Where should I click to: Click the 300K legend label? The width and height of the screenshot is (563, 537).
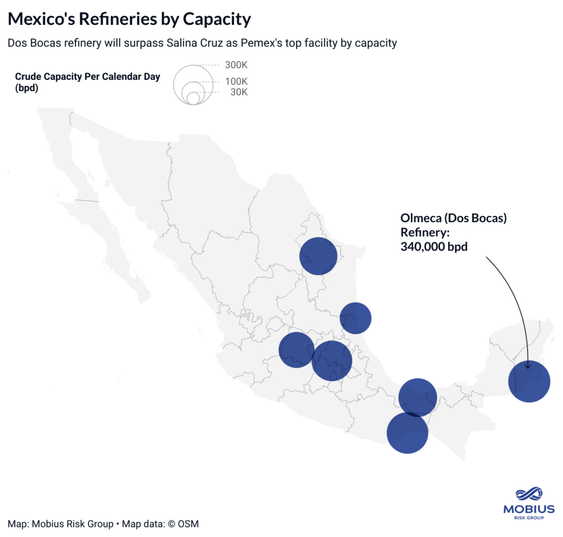[x=236, y=65]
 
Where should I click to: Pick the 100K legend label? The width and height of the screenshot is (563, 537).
[x=236, y=81]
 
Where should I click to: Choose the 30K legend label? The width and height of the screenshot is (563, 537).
[x=239, y=92]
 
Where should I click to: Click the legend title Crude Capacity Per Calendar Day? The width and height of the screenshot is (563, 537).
[x=87, y=76]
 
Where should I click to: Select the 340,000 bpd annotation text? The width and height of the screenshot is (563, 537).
[x=434, y=246]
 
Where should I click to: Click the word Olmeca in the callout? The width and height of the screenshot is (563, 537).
[x=421, y=218]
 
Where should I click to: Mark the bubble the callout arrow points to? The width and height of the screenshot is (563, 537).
[x=529, y=381]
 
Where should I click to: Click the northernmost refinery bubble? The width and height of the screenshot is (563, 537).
[x=318, y=256]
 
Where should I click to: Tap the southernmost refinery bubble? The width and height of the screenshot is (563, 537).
[x=407, y=432]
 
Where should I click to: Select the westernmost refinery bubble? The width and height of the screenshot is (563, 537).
[x=297, y=350]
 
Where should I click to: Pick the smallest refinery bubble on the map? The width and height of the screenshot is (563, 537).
[x=356, y=318]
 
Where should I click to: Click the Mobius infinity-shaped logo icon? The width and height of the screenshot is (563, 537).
[x=529, y=495]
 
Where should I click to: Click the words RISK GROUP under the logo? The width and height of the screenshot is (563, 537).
[x=529, y=518]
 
